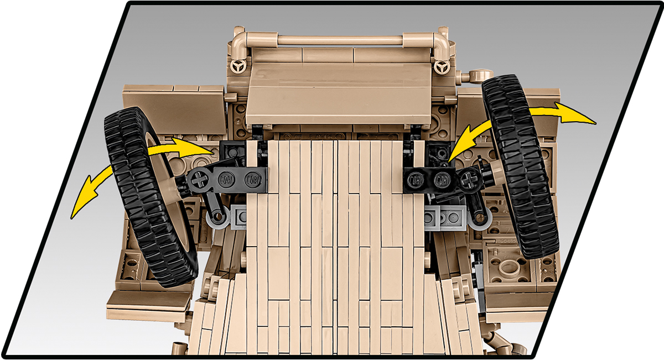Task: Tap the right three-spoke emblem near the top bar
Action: coord(441,67)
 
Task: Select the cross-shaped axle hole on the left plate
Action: coord(198,179)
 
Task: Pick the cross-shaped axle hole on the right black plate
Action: coord(470,178)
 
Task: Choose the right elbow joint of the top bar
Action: coord(439,42)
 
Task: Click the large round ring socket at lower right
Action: coord(507,268)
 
